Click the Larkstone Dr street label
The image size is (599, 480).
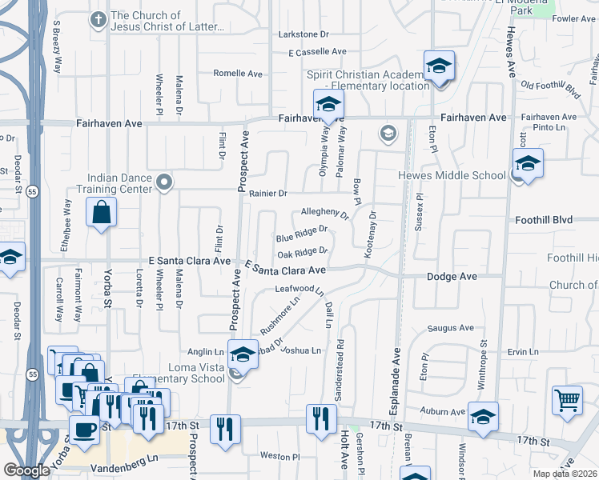tap(304, 34)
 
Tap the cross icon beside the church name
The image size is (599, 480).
tap(98, 18)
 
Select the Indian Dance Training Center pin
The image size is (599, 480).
tap(165, 183)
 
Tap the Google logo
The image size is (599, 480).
tap(26, 470)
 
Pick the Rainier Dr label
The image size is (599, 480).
tap(267, 194)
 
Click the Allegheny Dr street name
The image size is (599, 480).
tap(325, 214)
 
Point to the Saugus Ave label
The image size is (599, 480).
tap(451, 328)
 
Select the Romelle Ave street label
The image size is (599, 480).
tap(238, 73)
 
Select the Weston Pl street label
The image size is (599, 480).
tap(279, 456)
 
